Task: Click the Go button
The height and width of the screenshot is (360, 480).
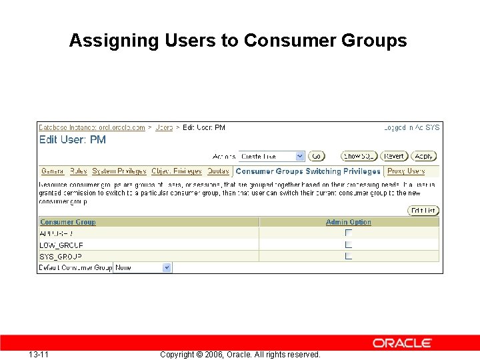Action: [317, 156]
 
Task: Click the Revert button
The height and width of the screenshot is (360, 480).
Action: [394, 156]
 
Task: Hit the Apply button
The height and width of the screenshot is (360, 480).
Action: [424, 156]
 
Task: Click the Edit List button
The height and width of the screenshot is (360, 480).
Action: [423, 211]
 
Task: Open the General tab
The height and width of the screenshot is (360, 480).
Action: [53, 171]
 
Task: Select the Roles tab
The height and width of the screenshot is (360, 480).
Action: [78, 171]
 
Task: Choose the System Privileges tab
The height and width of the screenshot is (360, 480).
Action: [119, 171]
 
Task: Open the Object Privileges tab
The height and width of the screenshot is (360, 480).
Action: [177, 171]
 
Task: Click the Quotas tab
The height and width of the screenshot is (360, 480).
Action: [218, 171]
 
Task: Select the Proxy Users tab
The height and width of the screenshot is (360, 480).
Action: [406, 171]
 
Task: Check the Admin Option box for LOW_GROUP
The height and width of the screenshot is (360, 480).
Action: [348, 245]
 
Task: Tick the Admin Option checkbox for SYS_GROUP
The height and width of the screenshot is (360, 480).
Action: [348, 256]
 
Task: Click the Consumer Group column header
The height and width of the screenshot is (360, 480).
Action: [68, 222]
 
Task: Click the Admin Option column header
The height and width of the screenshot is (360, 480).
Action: [349, 222]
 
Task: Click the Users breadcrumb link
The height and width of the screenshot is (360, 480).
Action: [164, 127]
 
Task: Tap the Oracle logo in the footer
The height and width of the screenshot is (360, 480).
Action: [402, 343]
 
